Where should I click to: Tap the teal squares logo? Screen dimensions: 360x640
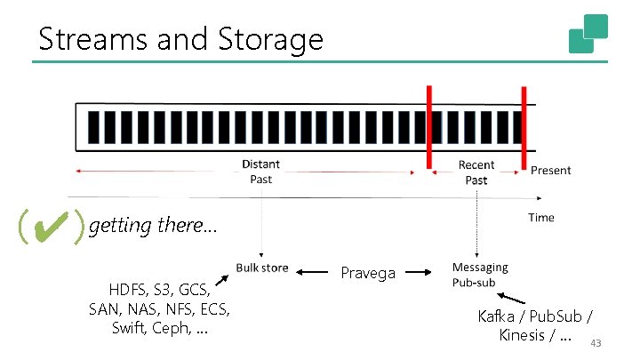pyautogui.click(x=588, y=34)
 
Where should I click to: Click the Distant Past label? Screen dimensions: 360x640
pyautogui.click(x=260, y=172)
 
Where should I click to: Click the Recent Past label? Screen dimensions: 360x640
pyautogui.click(x=476, y=172)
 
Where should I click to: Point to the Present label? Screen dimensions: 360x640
pyautogui.click(x=551, y=170)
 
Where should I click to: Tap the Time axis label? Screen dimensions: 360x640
pyautogui.click(x=540, y=217)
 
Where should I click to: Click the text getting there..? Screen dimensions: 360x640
pyautogui.click(x=152, y=225)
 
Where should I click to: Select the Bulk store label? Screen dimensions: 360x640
pyautogui.click(x=262, y=268)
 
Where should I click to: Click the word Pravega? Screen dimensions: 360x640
pyautogui.click(x=368, y=273)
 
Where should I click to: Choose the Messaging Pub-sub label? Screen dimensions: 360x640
pyautogui.click(x=480, y=274)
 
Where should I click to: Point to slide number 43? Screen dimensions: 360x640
pyautogui.click(x=596, y=343)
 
